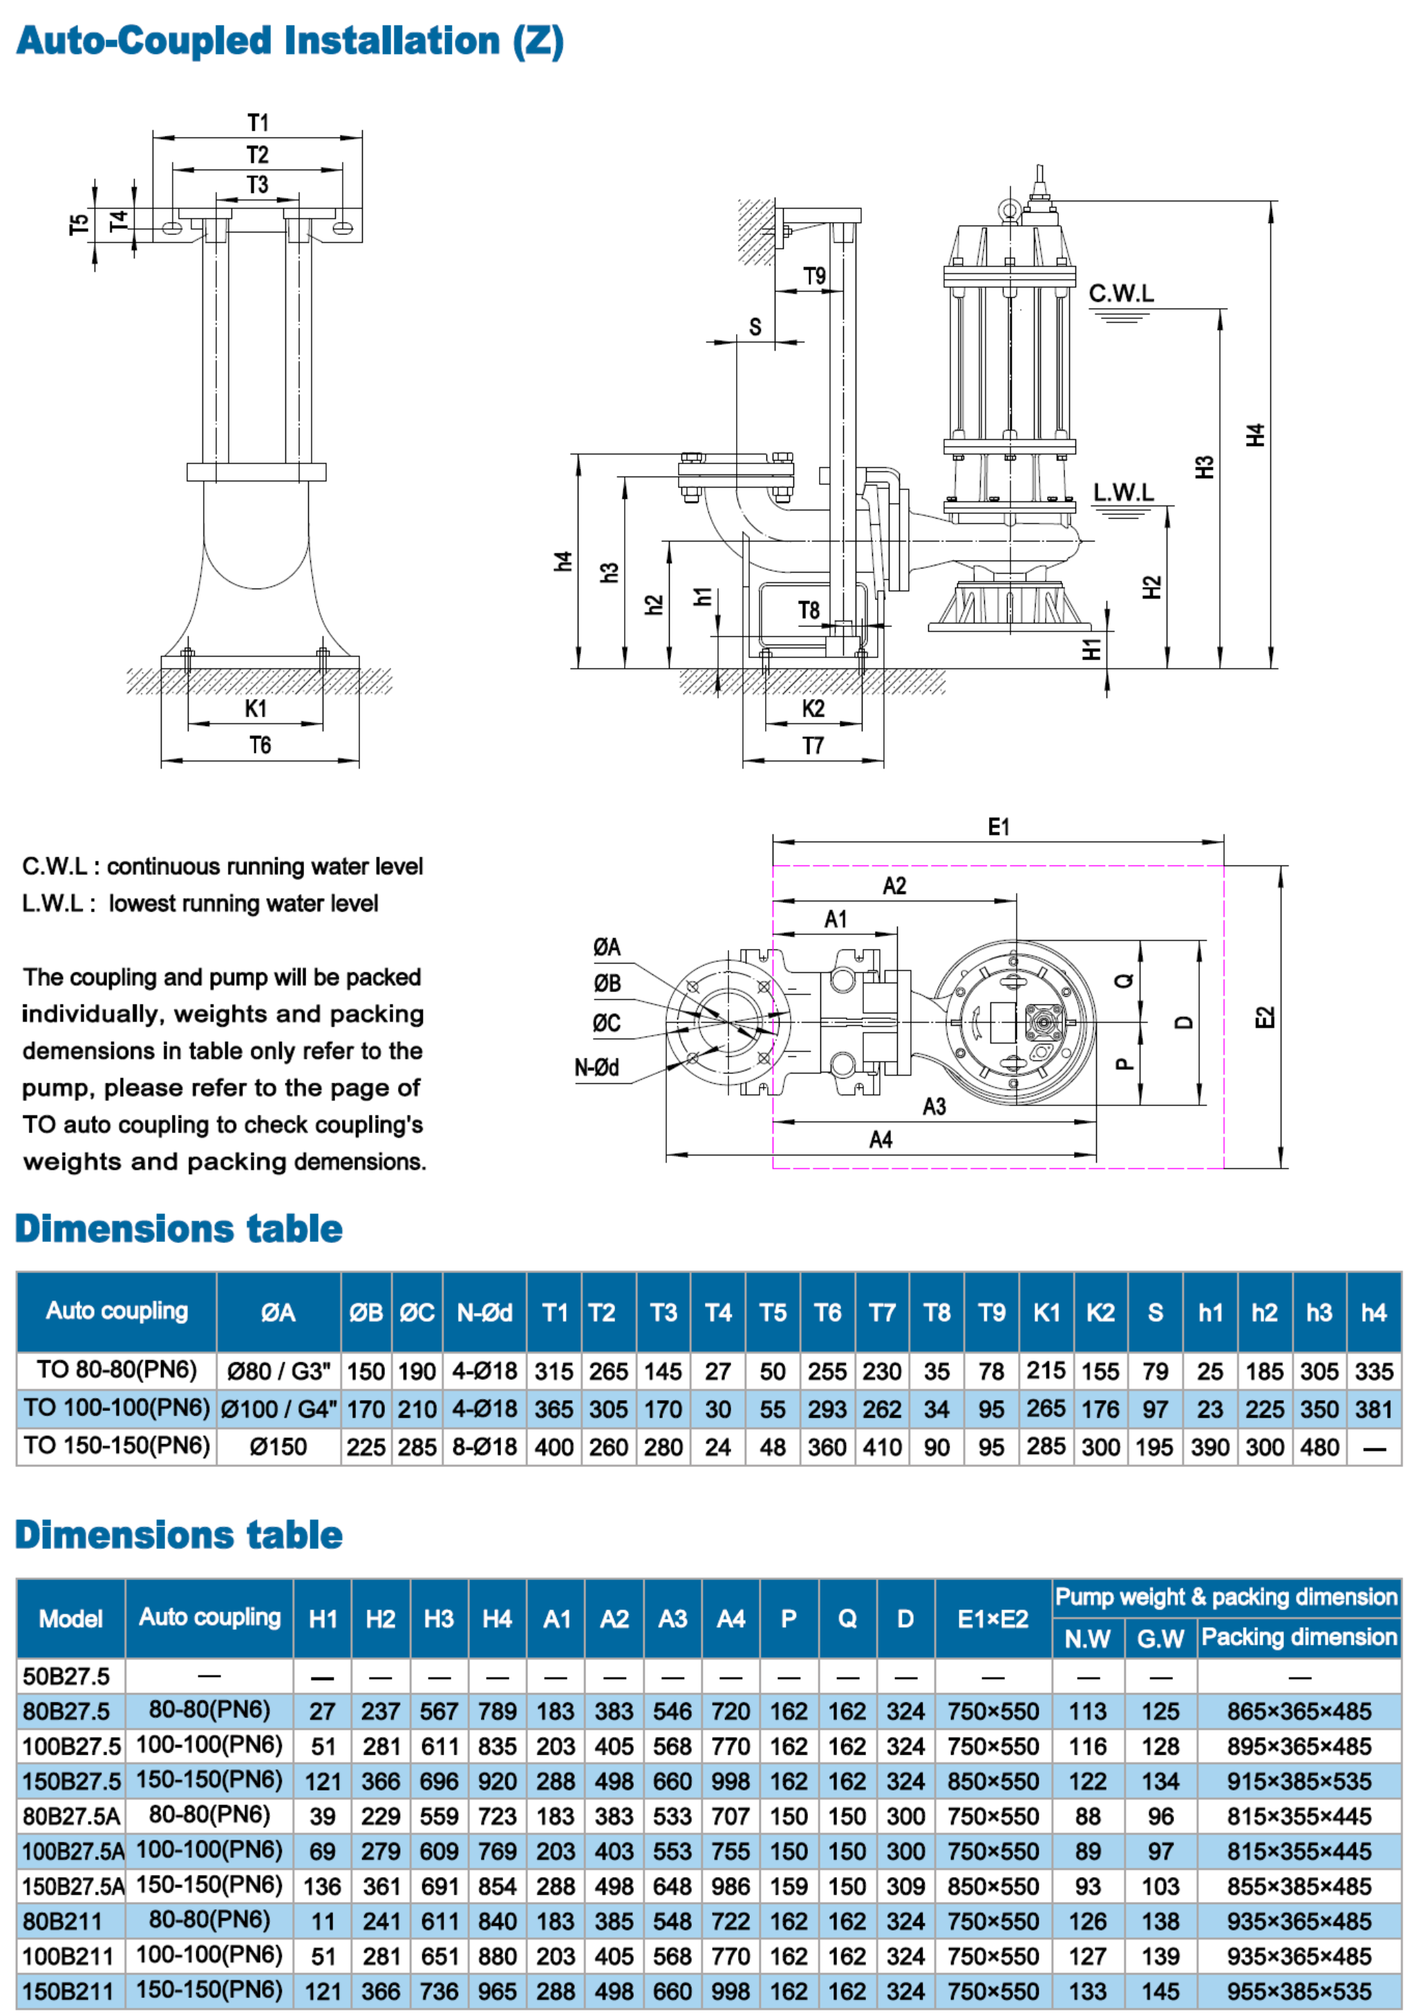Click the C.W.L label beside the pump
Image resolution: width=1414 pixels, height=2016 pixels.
[1121, 293]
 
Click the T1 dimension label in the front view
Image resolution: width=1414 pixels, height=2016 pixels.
[257, 122]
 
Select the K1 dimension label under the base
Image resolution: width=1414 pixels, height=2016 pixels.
[256, 708]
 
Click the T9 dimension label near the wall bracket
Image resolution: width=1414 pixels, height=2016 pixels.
[815, 276]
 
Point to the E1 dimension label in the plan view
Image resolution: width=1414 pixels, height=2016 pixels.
[998, 826]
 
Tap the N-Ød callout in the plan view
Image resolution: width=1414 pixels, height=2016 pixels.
[597, 1067]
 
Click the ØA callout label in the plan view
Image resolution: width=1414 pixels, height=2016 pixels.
[607, 946]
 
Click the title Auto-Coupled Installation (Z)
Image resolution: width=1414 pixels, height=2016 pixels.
[290, 41]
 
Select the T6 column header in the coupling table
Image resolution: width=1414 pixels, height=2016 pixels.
[827, 1312]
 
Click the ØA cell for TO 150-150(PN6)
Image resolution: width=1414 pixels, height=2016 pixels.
[277, 1446]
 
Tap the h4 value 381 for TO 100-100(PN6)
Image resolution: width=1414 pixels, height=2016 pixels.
[1374, 1408]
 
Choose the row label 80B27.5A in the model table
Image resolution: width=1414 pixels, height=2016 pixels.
[70, 1816]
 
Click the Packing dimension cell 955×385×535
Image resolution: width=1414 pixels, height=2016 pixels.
[1298, 1991]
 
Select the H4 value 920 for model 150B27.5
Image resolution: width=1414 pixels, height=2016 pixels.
[497, 1781]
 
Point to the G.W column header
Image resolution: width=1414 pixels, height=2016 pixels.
[1160, 1639]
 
